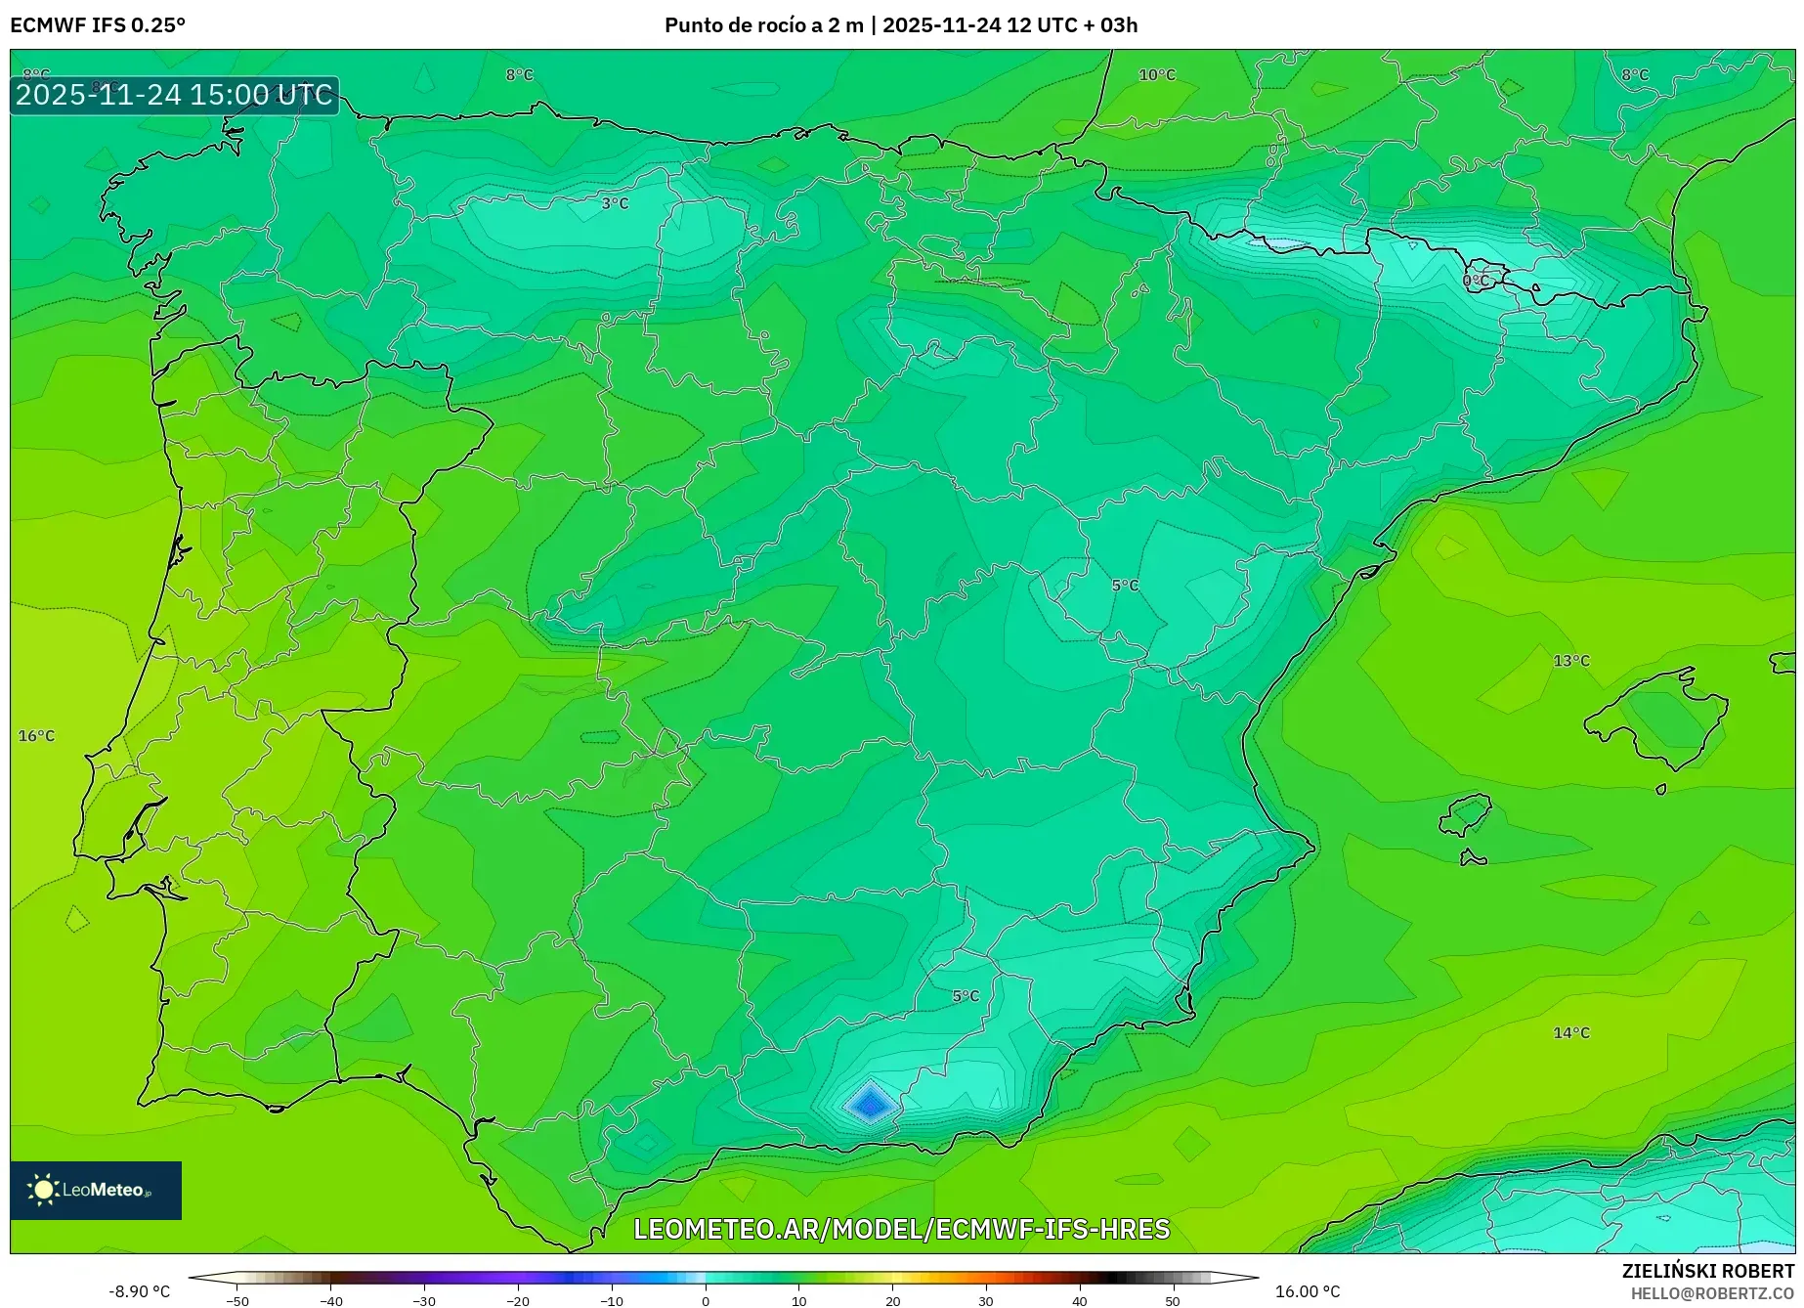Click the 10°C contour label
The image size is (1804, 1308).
(x=1157, y=75)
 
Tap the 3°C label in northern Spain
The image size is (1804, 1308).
(x=615, y=203)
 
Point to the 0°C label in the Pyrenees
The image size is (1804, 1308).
(x=1476, y=281)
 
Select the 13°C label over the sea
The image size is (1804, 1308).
(x=1571, y=661)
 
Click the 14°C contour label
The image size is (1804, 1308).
(x=1571, y=1032)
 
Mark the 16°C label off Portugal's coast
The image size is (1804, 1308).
(x=37, y=736)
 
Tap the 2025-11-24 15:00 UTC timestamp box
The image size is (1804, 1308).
(x=175, y=95)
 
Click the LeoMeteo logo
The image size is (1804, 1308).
(x=96, y=1190)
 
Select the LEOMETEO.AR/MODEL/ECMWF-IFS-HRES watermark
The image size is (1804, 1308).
(x=901, y=1229)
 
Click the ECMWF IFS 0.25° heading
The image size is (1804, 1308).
(x=98, y=25)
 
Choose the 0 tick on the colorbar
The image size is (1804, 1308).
(x=706, y=1300)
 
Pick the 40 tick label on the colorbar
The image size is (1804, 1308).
(x=1079, y=1300)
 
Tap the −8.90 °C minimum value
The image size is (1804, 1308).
(x=139, y=1291)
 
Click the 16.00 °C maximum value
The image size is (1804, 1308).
(x=1308, y=1291)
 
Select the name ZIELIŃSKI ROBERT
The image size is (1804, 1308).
(x=1708, y=1272)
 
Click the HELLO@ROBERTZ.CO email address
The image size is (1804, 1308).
(x=1712, y=1293)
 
